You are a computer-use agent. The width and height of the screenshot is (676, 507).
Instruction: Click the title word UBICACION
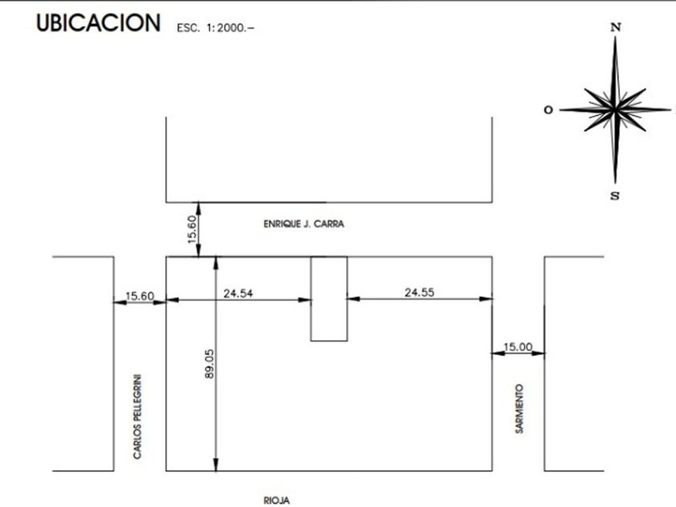click(98, 24)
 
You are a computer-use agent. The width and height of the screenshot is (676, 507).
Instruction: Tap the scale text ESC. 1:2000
click(215, 27)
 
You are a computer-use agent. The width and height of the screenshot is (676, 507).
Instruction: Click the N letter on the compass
click(616, 27)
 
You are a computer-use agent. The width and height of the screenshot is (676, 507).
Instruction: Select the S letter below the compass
click(615, 196)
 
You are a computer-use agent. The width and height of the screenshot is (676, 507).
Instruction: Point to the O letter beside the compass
click(548, 110)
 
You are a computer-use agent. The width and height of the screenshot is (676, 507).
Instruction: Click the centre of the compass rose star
click(616, 109)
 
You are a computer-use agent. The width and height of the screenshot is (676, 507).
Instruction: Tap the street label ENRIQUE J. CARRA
click(303, 224)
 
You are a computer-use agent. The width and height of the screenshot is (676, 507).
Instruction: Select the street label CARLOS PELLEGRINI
click(138, 416)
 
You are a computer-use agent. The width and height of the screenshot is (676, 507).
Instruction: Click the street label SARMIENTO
click(520, 410)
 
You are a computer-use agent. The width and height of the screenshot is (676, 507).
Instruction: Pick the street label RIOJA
click(276, 501)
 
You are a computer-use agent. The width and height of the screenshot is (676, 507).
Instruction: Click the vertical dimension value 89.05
click(208, 364)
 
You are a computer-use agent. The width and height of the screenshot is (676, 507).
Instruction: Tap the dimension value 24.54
click(238, 293)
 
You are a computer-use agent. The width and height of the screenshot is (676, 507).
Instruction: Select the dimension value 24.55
click(418, 292)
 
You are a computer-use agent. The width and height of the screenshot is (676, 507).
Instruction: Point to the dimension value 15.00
click(517, 346)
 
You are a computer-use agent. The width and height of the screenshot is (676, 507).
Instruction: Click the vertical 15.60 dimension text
click(192, 229)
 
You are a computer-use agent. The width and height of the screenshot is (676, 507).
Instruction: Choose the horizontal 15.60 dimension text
click(139, 295)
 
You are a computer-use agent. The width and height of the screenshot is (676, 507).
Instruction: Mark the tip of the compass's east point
click(670, 109)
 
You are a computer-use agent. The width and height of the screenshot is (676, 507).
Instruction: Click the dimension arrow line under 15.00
click(518, 352)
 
